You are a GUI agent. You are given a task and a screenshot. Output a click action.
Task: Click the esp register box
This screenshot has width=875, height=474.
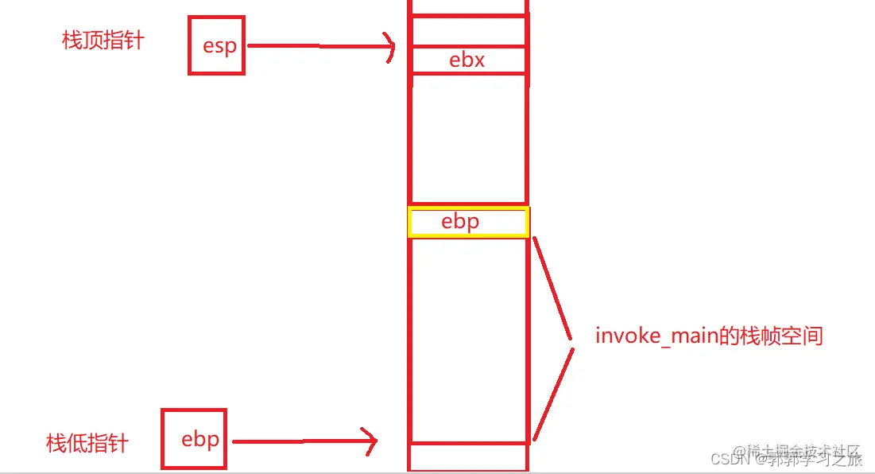click(216, 46)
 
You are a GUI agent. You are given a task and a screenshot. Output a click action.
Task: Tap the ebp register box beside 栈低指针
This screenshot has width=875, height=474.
click(194, 439)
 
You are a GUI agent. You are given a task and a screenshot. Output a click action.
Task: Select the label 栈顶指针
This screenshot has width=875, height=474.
click(103, 41)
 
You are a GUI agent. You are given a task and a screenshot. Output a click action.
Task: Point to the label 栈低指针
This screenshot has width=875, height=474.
click(87, 443)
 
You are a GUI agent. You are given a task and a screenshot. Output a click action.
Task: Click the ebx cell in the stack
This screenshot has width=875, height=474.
click(468, 60)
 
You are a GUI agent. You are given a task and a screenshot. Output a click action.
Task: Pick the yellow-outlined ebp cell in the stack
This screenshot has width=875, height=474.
click(468, 222)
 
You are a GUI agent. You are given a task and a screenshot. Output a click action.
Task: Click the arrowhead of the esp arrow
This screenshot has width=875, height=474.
click(389, 47)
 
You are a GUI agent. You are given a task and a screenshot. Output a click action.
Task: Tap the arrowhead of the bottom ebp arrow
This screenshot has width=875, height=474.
click(370, 441)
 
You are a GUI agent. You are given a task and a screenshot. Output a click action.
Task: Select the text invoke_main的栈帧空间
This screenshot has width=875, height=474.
click(709, 336)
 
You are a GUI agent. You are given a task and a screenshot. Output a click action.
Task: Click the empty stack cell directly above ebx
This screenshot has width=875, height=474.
click(468, 32)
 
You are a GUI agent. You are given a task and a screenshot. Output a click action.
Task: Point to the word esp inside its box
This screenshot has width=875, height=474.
click(219, 46)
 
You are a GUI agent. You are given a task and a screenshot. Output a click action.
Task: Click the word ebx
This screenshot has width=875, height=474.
click(467, 60)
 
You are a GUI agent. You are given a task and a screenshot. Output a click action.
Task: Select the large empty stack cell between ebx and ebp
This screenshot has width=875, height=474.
click(468, 139)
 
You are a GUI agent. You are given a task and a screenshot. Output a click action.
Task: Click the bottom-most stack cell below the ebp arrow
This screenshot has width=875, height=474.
click(468, 457)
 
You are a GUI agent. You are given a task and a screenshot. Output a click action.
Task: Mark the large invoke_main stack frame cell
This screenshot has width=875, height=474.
click(468, 340)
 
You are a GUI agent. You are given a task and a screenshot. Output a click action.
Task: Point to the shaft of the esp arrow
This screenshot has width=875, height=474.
click(318, 46)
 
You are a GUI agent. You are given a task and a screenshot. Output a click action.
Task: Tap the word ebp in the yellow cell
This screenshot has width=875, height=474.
click(460, 222)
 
